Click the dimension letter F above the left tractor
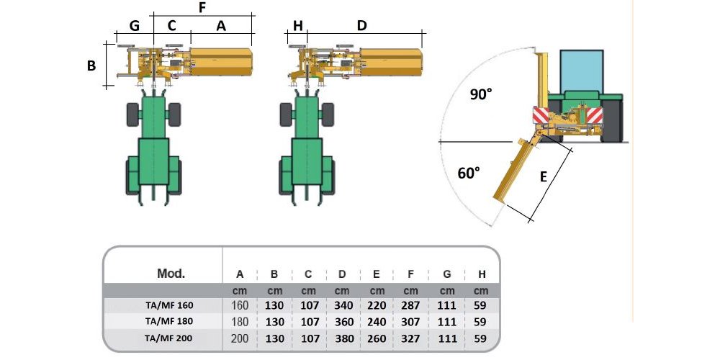202,8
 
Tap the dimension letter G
134,25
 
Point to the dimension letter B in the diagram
91,66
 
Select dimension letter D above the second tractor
362,25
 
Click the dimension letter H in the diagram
297,25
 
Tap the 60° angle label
469,174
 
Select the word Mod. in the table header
171,274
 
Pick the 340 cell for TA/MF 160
343,305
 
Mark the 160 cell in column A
240,305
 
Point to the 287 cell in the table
410,305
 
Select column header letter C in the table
308,274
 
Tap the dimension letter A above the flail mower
221,25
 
